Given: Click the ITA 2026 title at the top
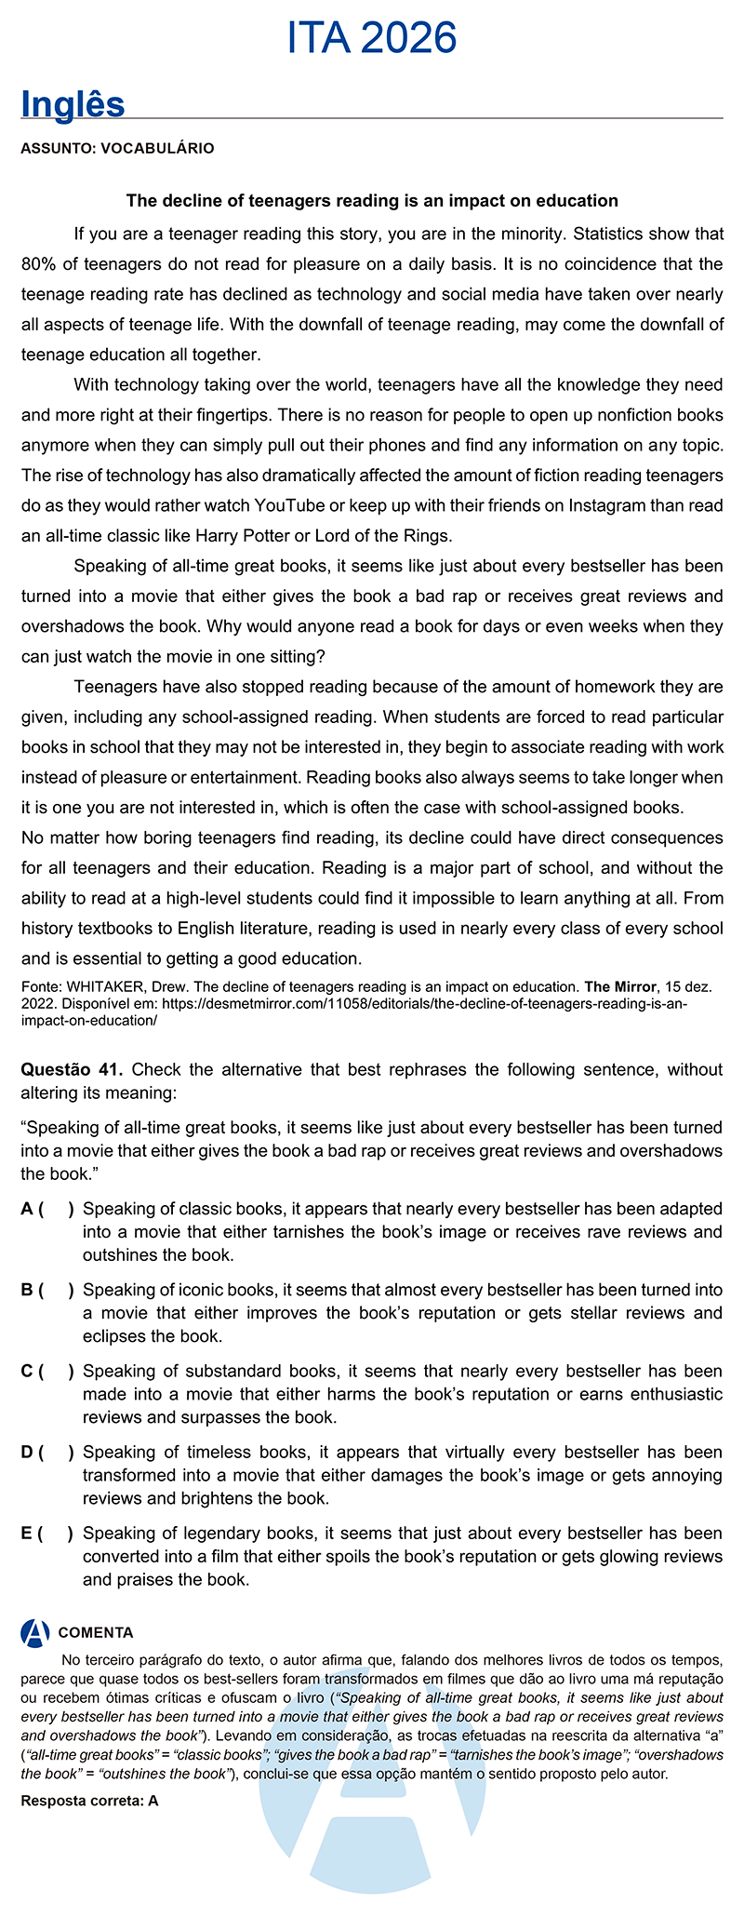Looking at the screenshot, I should [372, 38].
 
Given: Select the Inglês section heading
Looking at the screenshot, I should [73, 104].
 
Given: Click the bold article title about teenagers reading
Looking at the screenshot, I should [372, 200].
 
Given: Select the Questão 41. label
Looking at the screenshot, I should [73, 1068].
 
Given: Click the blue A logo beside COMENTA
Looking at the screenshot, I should [35, 1631].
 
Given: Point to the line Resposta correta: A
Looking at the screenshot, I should [90, 1800].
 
